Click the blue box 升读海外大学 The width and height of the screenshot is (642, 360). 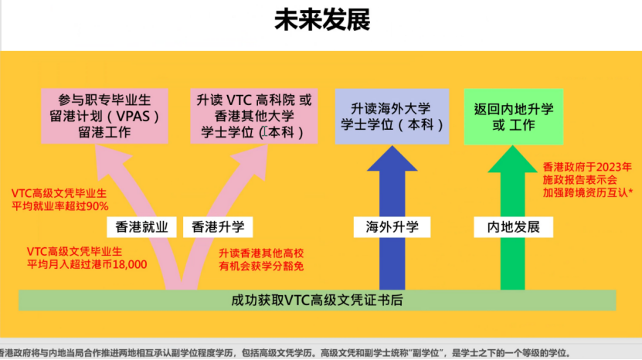click(392, 116)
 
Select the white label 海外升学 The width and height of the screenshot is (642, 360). click(392, 227)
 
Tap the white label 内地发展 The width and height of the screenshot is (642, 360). click(513, 227)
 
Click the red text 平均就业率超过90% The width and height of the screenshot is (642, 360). click(60, 206)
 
